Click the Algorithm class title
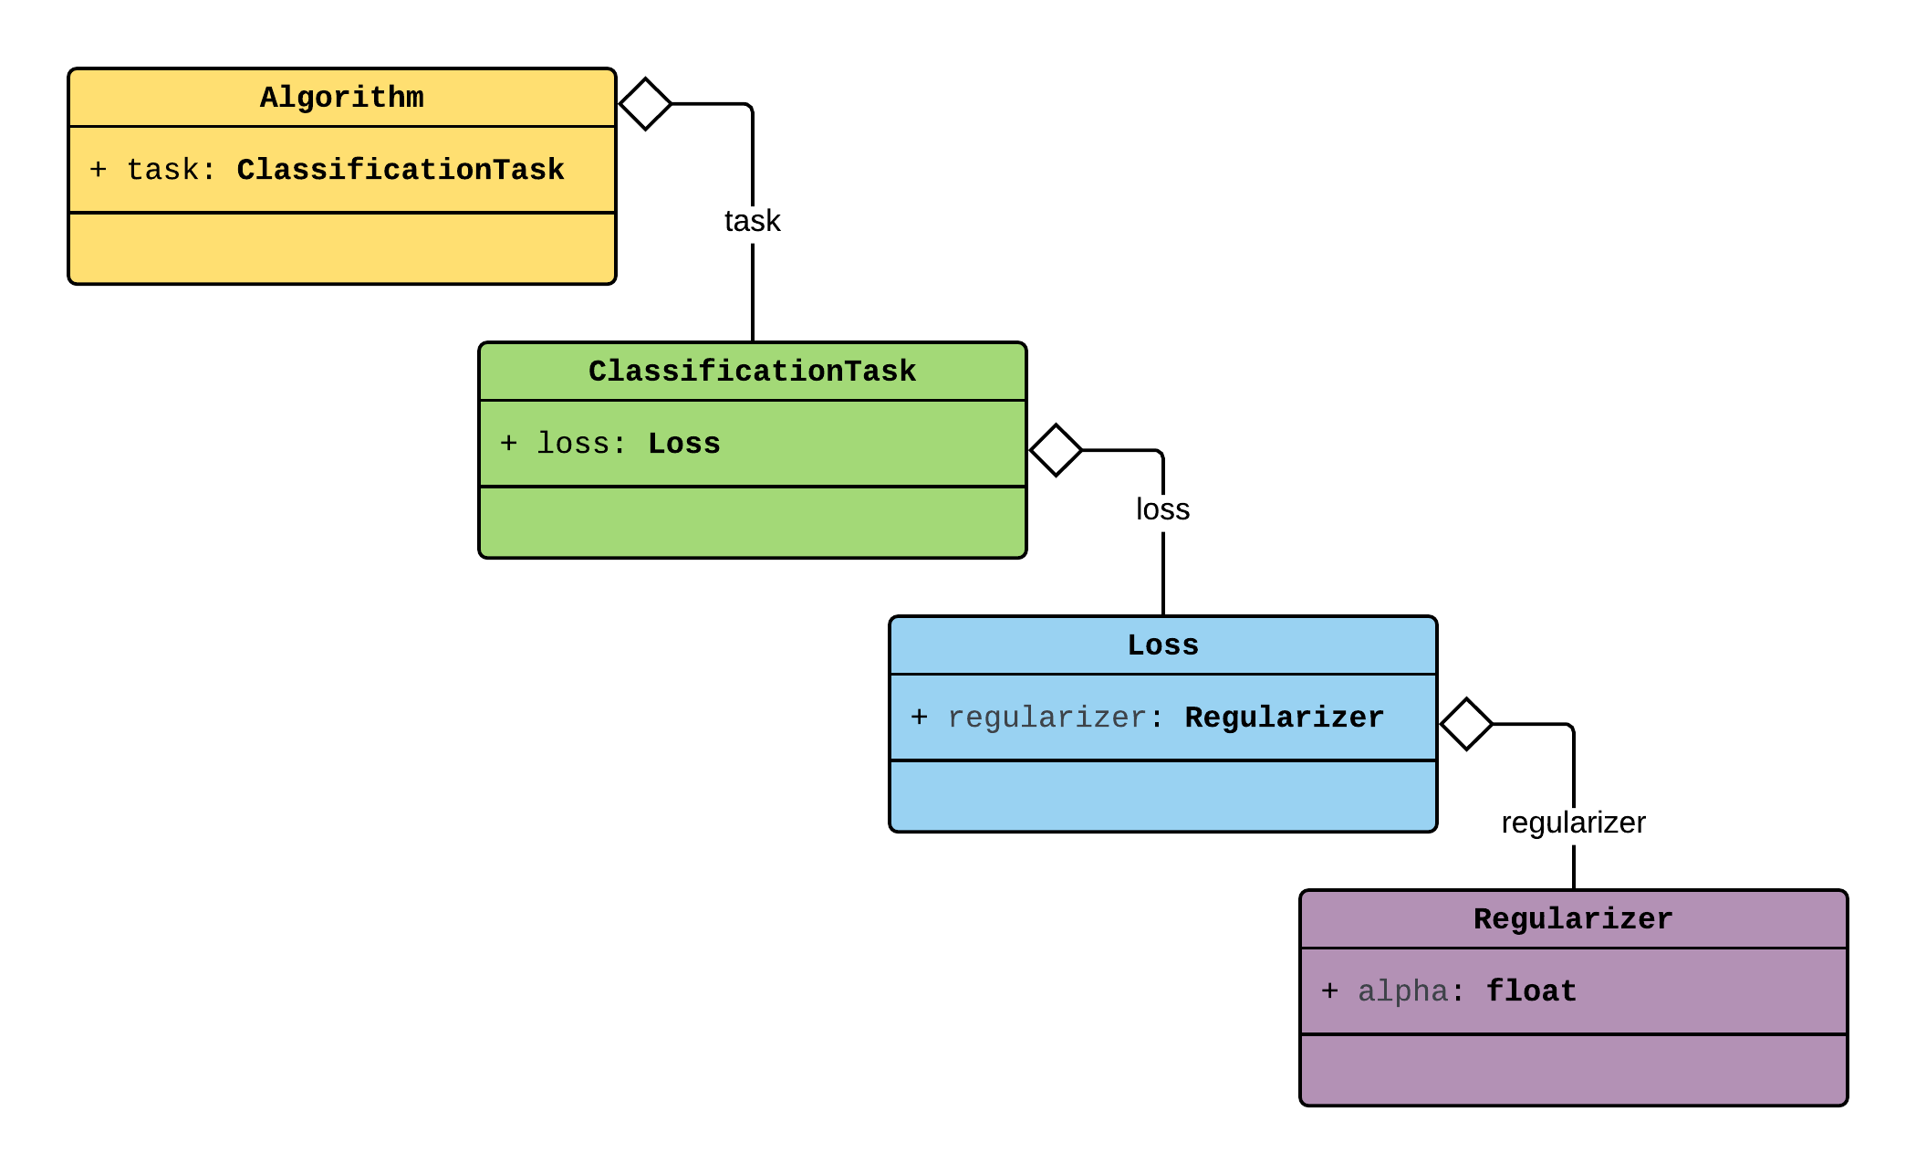point(342,98)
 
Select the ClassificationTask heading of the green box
point(752,372)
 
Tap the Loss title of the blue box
point(1162,645)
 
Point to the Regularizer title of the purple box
point(1573,919)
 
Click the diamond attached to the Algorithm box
point(645,104)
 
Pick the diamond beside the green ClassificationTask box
point(1056,450)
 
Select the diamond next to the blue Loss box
point(1466,724)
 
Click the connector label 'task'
point(752,221)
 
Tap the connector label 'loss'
point(1162,509)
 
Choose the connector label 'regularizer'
point(1573,823)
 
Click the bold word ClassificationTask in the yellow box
point(401,170)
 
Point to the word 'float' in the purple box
point(1531,991)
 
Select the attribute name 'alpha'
point(1403,991)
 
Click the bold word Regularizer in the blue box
point(1284,718)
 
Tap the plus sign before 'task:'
point(99,170)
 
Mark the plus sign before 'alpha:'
point(1330,991)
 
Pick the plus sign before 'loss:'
point(509,444)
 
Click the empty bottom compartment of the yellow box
point(342,248)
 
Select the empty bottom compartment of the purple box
point(1573,1070)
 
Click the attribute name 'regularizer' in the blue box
point(1047,718)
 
